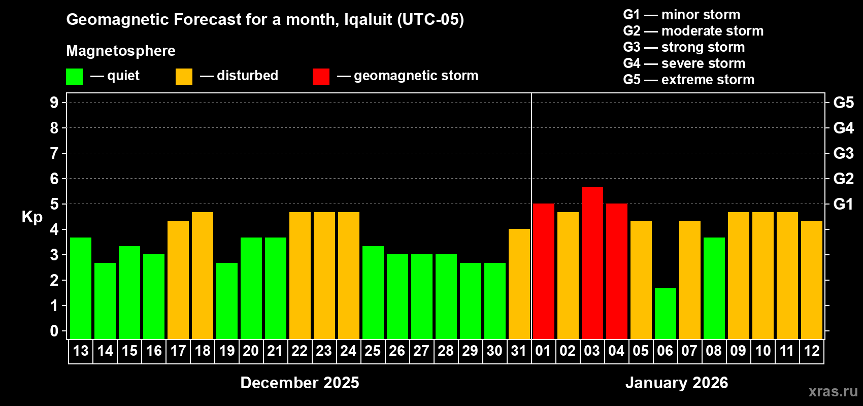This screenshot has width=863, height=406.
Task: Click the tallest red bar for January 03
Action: pyautogui.click(x=592, y=262)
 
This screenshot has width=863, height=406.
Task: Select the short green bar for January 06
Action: pyautogui.click(x=665, y=313)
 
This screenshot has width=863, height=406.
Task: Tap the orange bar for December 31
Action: pyautogui.click(x=519, y=284)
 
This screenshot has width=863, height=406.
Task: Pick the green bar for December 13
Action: pyautogui.click(x=80, y=288)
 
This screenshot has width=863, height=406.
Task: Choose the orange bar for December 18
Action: pyautogui.click(x=202, y=275)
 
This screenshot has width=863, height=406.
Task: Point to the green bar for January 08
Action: pyautogui.click(x=714, y=288)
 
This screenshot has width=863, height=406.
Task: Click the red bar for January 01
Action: pyautogui.click(x=543, y=271)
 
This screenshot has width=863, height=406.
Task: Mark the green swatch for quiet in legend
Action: pyautogui.click(x=74, y=77)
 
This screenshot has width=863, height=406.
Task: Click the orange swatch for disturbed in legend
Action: pyautogui.click(x=184, y=77)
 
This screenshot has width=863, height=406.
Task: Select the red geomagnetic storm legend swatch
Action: pyautogui.click(x=321, y=77)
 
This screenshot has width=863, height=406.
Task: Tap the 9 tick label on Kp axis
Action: pyautogui.click(x=54, y=103)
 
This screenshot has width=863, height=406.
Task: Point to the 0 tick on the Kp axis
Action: pyautogui.click(x=54, y=331)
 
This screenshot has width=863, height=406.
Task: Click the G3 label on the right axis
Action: pyautogui.click(x=843, y=153)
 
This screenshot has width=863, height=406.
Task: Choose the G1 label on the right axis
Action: pyautogui.click(x=843, y=204)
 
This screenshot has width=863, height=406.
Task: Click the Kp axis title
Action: pyautogui.click(x=32, y=217)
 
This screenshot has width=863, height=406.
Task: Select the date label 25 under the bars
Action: pyautogui.click(x=373, y=351)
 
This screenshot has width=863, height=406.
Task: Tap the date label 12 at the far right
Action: pyautogui.click(x=811, y=351)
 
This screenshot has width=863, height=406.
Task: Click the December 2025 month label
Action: pyautogui.click(x=300, y=383)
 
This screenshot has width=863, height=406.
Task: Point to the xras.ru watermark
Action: pyautogui.click(x=833, y=391)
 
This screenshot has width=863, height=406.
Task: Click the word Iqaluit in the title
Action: pyautogui.click(x=368, y=20)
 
